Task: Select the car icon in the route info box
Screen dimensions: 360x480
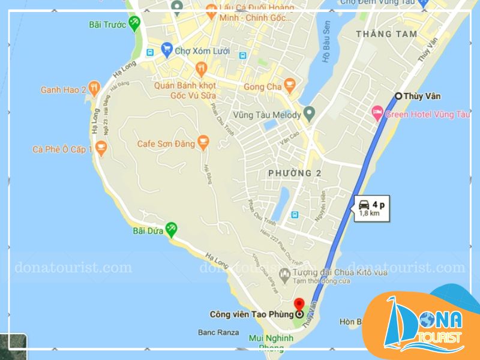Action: (x=364, y=203)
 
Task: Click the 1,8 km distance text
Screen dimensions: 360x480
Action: (x=369, y=213)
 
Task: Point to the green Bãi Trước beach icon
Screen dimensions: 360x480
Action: (x=134, y=24)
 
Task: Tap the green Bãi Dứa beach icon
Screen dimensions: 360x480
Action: (x=172, y=228)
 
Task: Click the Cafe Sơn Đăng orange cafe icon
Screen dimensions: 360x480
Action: (x=203, y=142)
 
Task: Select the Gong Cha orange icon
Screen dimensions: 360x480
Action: (x=290, y=86)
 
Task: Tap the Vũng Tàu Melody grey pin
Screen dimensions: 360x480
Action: (x=309, y=113)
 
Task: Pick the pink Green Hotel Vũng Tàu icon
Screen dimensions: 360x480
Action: (x=377, y=112)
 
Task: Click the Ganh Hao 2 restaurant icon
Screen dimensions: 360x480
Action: (x=94, y=89)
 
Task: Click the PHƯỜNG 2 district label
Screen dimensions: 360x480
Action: (x=294, y=173)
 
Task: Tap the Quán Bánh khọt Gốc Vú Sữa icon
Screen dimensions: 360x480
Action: (x=201, y=69)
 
